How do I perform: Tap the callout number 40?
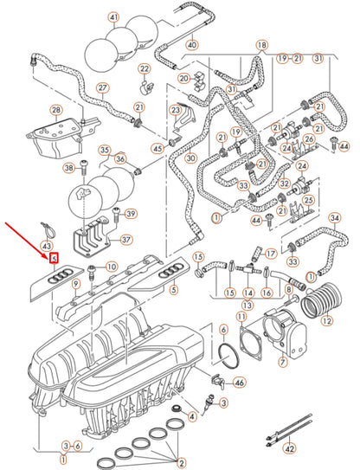pyautogui.click(x=191, y=45)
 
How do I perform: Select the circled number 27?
pyautogui.click(x=102, y=88)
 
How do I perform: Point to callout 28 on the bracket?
pyautogui.click(x=56, y=111)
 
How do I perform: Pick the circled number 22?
pyautogui.click(x=145, y=68)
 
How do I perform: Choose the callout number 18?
pyautogui.click(x=261, y=43)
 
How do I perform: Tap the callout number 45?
pyautogui.click(x=157, y=148)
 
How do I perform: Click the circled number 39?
pyautogui.click(x=131, y=215)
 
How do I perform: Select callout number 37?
pyautogui.click(x=125, y=240)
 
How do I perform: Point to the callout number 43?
pyautogui.click(x=47, y=247)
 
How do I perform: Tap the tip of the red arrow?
pyautogui.click(x=50, y=255)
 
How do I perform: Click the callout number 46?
pyautogui.click(x=240, y=382)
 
